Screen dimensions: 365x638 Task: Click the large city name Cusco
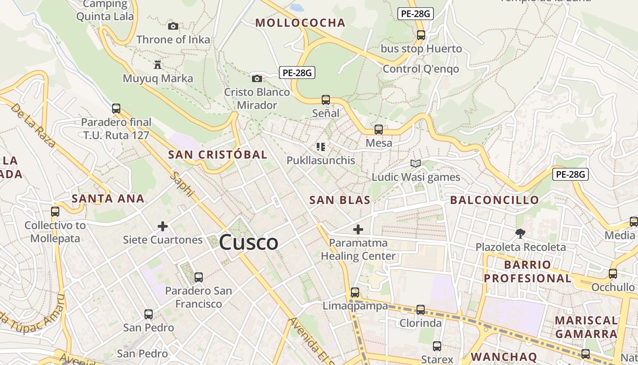[248, 242]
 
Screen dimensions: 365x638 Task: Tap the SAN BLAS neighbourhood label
[340, 200]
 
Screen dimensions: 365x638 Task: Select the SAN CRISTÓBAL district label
[217, 154]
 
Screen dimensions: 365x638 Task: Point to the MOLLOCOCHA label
[300, 23]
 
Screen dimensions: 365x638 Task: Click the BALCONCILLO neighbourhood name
[494, 200]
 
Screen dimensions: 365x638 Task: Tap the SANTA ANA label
[108, 198]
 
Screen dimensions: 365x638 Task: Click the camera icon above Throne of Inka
[173, 26]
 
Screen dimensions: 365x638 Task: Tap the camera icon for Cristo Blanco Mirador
[257, 78]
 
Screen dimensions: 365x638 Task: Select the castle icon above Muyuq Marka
[158, 64]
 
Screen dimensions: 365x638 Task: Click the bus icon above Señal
[325, 99]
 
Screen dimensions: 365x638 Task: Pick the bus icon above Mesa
[378, 130]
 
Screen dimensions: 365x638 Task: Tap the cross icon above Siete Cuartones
[163, 226]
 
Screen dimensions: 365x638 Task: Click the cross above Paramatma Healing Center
[358, 229]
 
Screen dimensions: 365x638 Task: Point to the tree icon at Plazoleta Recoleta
[520, 234]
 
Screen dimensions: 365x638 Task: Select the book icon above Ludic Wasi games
[415, 163]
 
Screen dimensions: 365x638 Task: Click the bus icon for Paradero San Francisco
[198, 277]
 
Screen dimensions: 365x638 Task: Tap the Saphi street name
[182, 185]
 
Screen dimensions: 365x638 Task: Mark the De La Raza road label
[33, 126]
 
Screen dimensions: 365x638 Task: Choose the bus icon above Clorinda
[420, 310]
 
